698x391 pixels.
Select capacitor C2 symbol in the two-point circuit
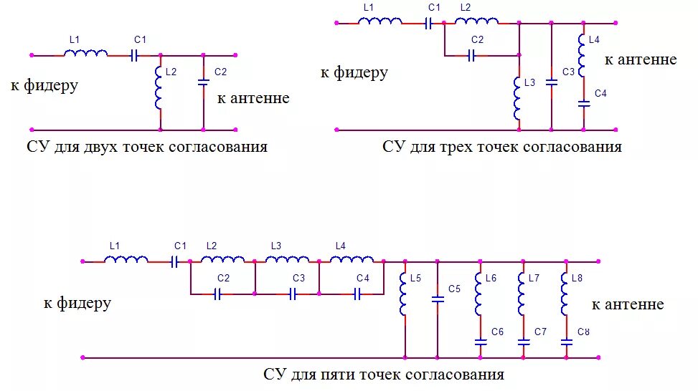click(203, 83)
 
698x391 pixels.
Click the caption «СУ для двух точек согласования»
click(146, 148)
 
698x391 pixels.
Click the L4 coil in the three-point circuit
click(583, 57)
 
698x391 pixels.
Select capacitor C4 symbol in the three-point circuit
click(583, 104)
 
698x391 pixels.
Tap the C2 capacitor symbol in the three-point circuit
click(471, 55)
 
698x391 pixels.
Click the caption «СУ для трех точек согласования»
click(501, 148)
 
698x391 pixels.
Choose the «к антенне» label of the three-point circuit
click(640, 59)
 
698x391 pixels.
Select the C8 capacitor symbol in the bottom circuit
click(566, 342)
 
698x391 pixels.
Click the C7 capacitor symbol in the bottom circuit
click(524, 342)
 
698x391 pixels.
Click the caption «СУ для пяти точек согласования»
click(383, 375)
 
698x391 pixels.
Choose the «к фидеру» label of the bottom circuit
click(77, 303)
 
